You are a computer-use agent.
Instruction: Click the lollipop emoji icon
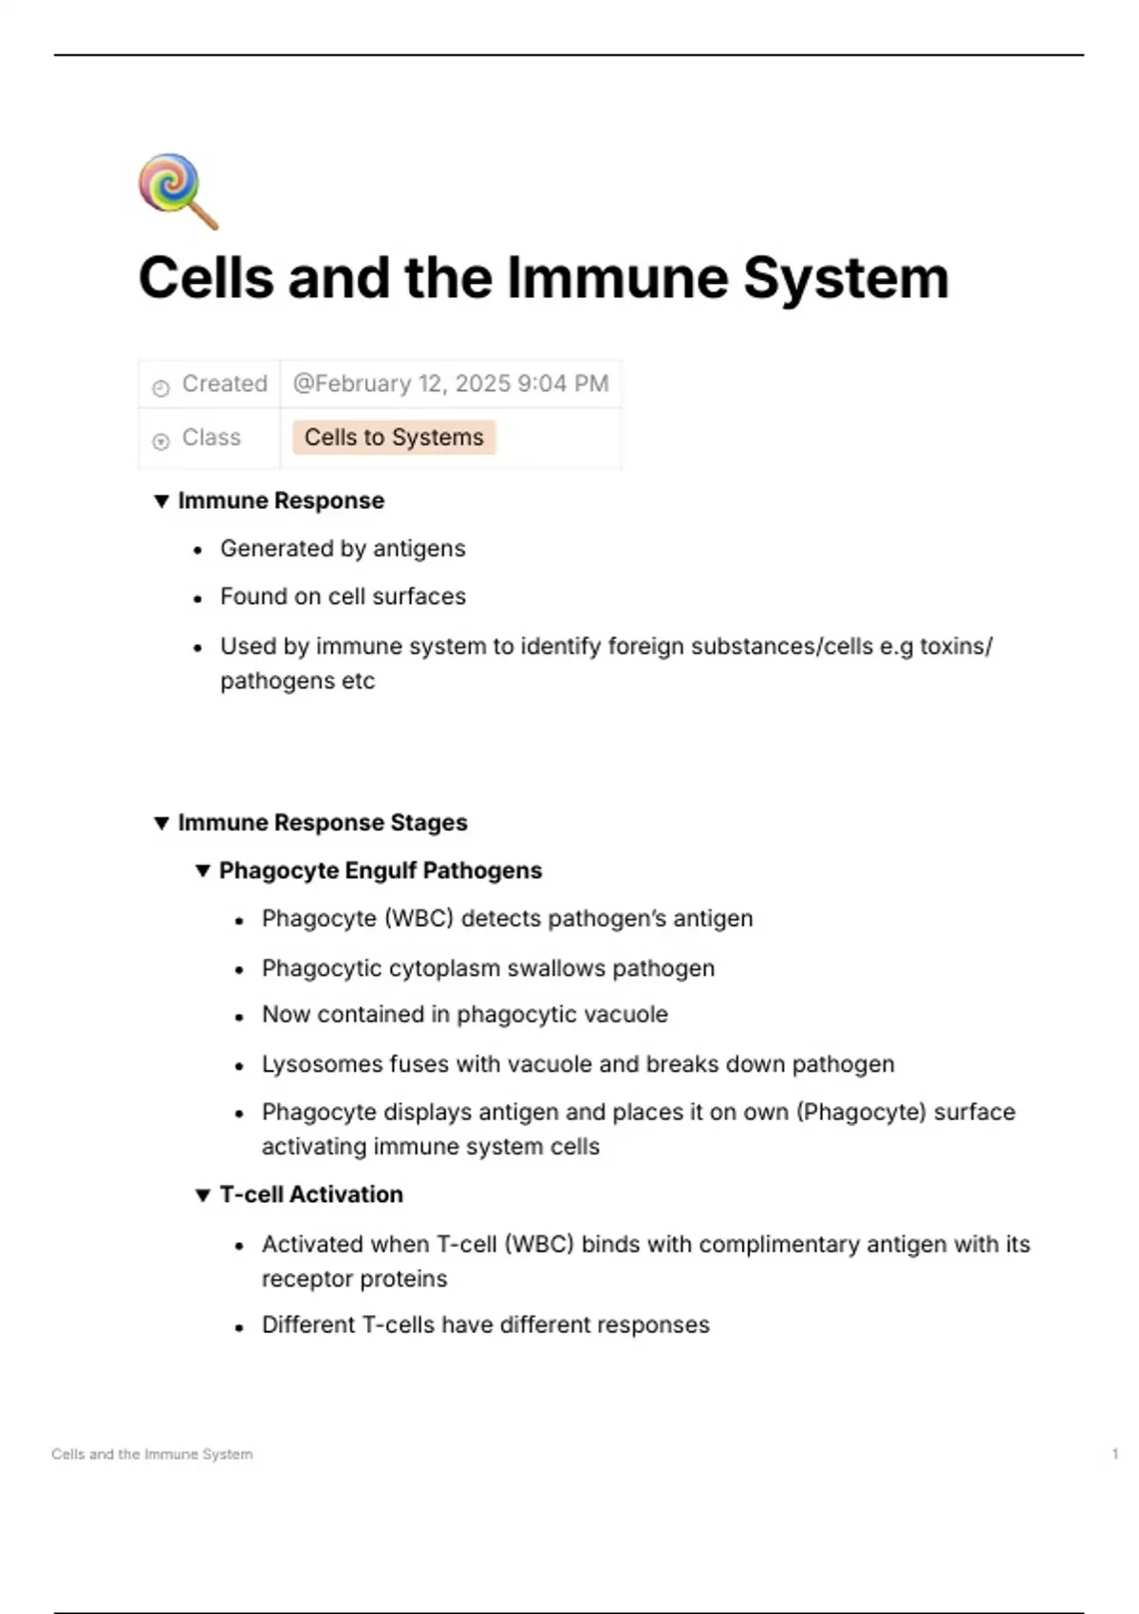(177, 191)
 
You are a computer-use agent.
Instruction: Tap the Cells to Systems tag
(394, 438)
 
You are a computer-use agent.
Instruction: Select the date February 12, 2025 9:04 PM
(451, 384)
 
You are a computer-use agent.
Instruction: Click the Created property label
(224, 384)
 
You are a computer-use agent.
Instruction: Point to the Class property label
(211, 438)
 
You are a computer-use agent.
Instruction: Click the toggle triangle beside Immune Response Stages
(161, 823)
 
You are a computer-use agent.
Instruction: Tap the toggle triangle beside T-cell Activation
(202, 1195)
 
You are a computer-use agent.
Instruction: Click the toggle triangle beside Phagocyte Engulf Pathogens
(202, 871)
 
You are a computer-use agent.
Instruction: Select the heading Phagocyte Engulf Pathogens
(381, 871)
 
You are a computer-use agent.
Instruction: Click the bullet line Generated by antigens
(343, 549)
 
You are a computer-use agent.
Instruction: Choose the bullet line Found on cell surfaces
(343, 597)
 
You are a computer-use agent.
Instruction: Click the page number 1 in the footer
(1114, 1454)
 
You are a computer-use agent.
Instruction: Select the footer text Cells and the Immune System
(152, 1454)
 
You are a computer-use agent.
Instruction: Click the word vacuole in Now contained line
(626, 1015)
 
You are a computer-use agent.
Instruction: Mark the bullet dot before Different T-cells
(239, 1327)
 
